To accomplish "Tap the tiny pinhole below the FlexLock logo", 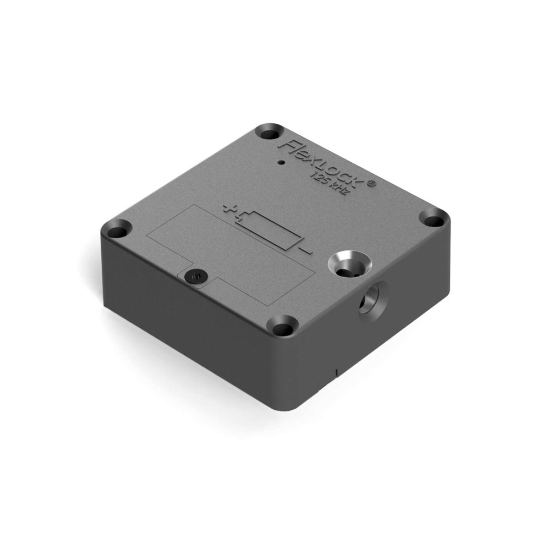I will point(281,162).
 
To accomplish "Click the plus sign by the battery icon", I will point(227,208).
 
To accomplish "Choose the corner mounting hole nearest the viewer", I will point(283,329).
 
